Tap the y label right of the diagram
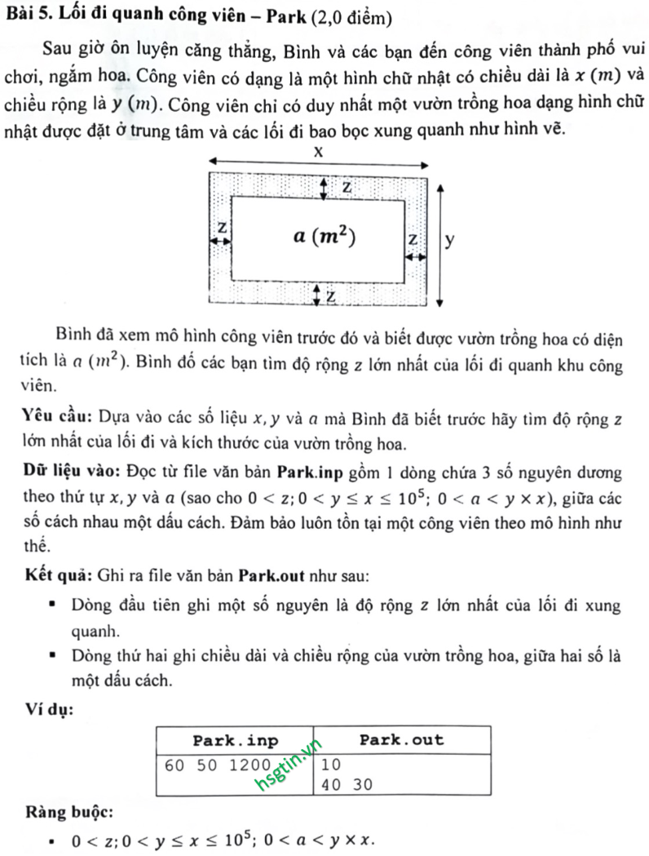pos(450,240)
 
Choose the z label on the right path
pos(413,240)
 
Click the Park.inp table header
pos(235,740)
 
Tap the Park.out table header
pos(402,740)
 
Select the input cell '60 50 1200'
pos(205,765)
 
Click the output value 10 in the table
pos(330,765)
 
